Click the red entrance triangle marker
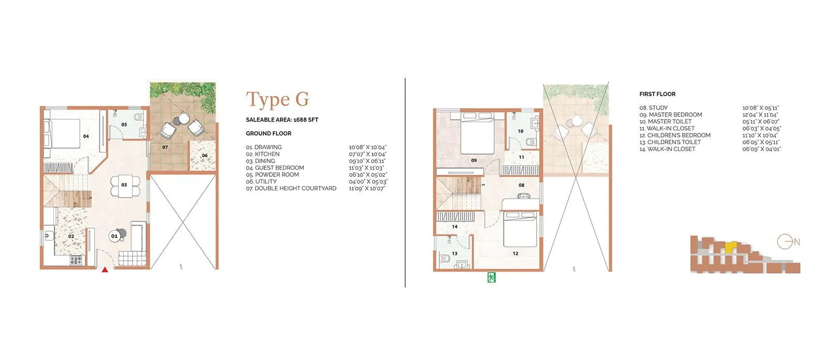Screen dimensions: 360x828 tap(105, 269)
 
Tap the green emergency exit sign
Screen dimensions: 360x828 tap(491, 278)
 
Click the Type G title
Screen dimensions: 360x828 tap(277, 99)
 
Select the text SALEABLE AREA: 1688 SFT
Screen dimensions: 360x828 tap(282, 119)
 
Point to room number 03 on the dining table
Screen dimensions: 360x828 tap(124, 185)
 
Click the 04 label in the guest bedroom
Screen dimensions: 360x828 tap(86, 137)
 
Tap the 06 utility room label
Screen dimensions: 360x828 tap(204, 155)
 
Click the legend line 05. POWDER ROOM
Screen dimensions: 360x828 tap(272, 175)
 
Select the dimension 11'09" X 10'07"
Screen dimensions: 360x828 tap(367, 188)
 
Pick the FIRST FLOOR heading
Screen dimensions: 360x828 tap(657, 94)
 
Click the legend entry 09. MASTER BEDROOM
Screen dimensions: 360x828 tap(671, 115)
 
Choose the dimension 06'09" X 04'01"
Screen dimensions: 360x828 tap(761, 149)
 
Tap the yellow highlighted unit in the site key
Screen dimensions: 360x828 tap(730, 247)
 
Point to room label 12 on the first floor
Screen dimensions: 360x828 tap(515, 253)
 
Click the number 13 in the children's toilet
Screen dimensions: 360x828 tap(454, 253)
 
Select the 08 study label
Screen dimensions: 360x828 tap(521, 185)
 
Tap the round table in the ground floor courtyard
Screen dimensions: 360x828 tap(184, 119)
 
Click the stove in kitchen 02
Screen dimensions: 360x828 tap(76, 261)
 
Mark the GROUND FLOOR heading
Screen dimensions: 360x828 tap(269, 133)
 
